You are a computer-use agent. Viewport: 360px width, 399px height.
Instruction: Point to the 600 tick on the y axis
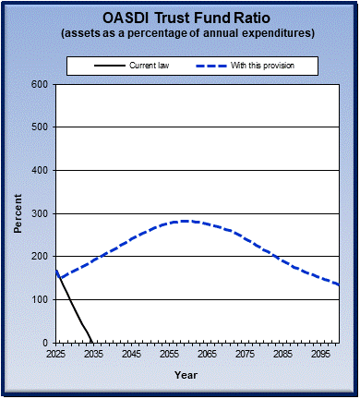click(x=40, y=84)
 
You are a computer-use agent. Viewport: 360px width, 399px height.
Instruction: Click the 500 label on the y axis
click(x=40, y=127)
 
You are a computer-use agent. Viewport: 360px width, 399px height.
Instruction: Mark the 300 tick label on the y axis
click(x=40, y=213)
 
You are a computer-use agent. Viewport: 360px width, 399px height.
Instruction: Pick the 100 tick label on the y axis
click(x=40, y=300)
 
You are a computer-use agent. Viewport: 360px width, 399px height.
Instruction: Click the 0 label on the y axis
click(x=45, y=343)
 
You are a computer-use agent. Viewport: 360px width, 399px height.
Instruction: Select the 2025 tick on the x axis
click(x=56, y=354)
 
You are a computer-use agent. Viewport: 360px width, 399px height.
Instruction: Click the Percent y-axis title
click(x=18, y=213)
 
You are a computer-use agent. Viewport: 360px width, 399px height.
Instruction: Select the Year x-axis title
click(x=186, y=375)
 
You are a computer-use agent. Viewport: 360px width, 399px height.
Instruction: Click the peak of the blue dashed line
click(x=185, y=221)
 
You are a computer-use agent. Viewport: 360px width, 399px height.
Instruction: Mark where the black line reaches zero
click(x=92, y=342)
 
